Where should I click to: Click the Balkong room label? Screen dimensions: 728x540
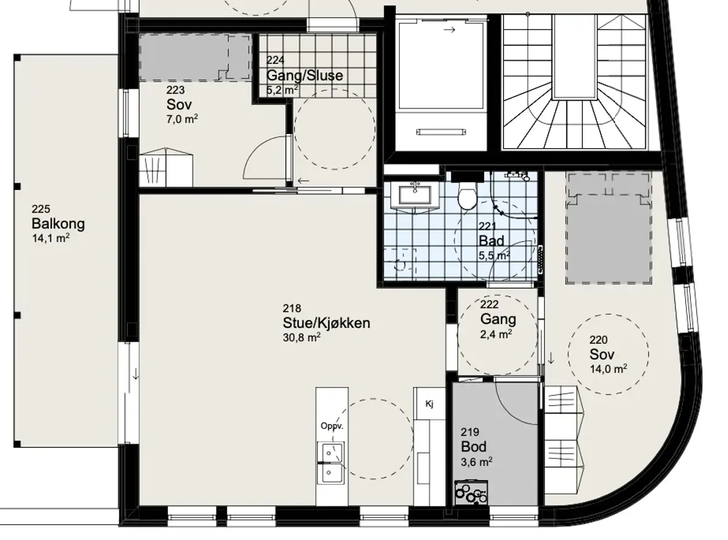(x=58, y=224)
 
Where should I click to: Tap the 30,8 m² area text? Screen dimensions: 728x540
(x=302, y=337)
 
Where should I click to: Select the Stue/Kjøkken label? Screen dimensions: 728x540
(x=326, y=323)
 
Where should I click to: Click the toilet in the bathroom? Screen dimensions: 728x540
(x=467, y=195)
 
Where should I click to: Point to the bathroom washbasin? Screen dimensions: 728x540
(x=415, y=195)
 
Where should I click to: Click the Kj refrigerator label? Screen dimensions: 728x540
(x=430, y=403)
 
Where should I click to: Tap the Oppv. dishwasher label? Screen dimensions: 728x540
(x=332, y=426)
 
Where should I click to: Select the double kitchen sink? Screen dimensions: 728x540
(x=331, y=463)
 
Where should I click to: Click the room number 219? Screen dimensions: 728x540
(x=470, y=432)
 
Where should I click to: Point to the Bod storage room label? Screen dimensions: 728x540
(x=473, y=447)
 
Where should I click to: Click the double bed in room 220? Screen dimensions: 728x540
(x=609, y=229)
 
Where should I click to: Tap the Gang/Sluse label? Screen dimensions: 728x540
(x=305, y=75)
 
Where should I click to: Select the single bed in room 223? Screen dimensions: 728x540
(x=195, y=58)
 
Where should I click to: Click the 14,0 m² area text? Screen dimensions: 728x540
(x=608, y=369)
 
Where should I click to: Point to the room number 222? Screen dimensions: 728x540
(x=489, y=305)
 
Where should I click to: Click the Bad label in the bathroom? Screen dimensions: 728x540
(x=491, y=241)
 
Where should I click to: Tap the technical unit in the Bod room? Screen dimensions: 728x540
(x=471, y=493)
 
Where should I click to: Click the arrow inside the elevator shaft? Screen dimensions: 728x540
(x=450, y=30)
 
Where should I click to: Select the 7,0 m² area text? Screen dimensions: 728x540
(x=182, y=119)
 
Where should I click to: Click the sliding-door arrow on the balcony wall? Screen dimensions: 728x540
(x=136, y=373)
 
